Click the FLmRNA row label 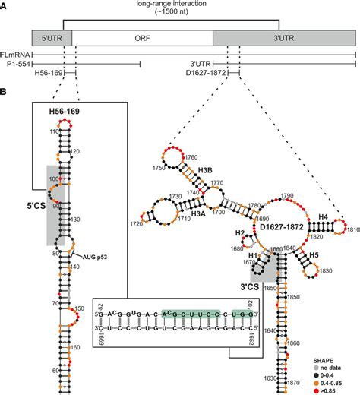[16, 55]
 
